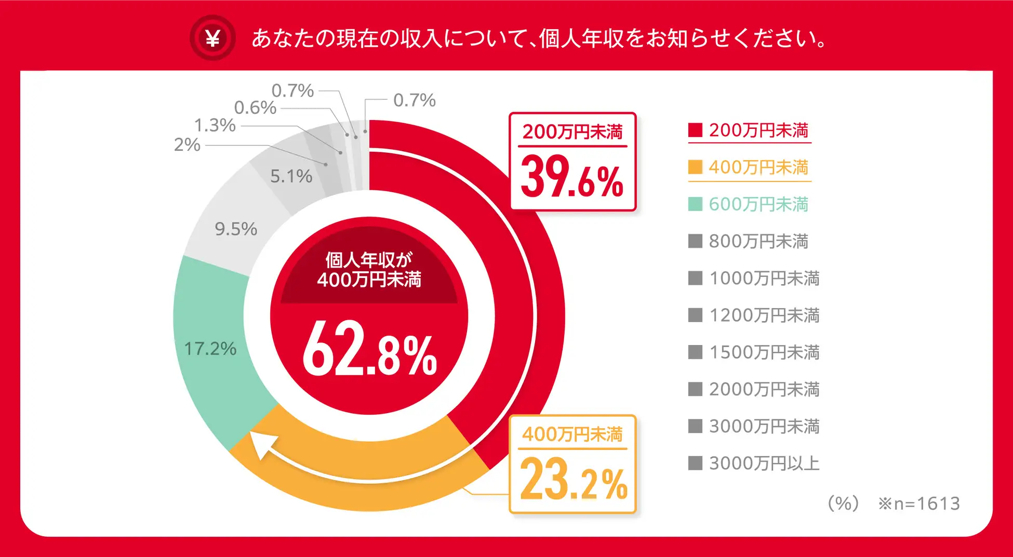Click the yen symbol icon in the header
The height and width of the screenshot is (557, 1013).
(x=212, y=38)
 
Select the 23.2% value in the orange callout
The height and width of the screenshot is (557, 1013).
(x=574, y=479)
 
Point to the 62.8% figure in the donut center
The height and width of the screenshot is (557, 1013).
(x=369, y=348)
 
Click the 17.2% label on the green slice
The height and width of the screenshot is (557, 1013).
(x=210, y=349)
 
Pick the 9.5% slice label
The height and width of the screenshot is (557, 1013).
(x=236, y=229)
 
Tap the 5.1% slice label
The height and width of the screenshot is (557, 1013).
(x=291, y=176)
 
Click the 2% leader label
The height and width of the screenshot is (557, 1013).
(x=187, y=144)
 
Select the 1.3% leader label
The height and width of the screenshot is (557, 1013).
(x=215, y=125)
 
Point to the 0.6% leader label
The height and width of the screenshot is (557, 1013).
(x=255, y=108)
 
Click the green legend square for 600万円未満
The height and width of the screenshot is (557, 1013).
(x=695, y=204)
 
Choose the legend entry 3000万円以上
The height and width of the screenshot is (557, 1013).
(x=754, y=463)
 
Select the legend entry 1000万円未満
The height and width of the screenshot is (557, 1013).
(x=754, y=278)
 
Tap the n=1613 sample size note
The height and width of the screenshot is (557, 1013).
(x=919, y=503)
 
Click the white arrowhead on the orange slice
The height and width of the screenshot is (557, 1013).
(x=263, y=444)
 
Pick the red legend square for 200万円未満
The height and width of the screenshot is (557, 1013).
(x=695, y=130)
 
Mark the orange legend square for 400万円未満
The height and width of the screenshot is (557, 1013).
(x=695, y=167)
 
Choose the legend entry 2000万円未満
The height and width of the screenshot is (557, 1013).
(x=754, y=389)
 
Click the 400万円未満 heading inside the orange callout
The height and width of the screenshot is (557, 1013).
(x=572, y=434)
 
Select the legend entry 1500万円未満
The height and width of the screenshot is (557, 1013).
(x=754, y=352)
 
